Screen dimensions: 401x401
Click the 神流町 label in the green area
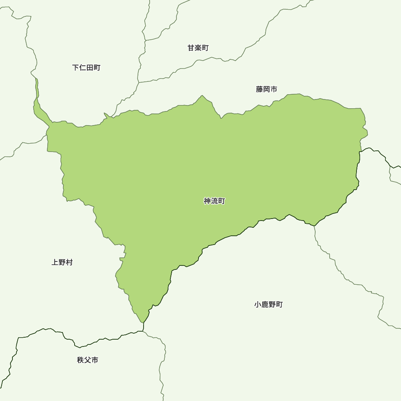(x=214, y=201)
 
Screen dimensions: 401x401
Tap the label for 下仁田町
(x=86, y=67)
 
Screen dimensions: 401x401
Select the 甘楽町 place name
(x=198, y=48)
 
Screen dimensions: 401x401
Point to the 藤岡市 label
(x=267, y=89)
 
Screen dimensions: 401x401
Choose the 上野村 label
(x=62, y=262)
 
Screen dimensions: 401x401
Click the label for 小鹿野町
(x=268, y=304)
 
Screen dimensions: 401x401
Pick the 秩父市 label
(x=87, y=360)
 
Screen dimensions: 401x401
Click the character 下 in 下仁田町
(x=76, y=67)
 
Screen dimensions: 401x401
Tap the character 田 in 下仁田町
(x=90, y=67)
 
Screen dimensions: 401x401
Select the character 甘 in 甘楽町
(x=191, y=48)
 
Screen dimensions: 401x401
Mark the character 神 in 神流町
(x=207, y=201)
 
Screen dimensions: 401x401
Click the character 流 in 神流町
(x=214, y=201)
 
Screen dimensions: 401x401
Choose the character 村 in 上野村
(x=69, y=262)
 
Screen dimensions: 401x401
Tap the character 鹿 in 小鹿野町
(x=265, y=304)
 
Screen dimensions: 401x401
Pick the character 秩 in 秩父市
(x=81, y=360)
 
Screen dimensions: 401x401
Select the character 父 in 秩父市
(x=87, y=360)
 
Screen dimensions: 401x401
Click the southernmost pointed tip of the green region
(x=142, y=322)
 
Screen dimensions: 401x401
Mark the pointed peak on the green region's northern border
(x=202, y=96)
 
